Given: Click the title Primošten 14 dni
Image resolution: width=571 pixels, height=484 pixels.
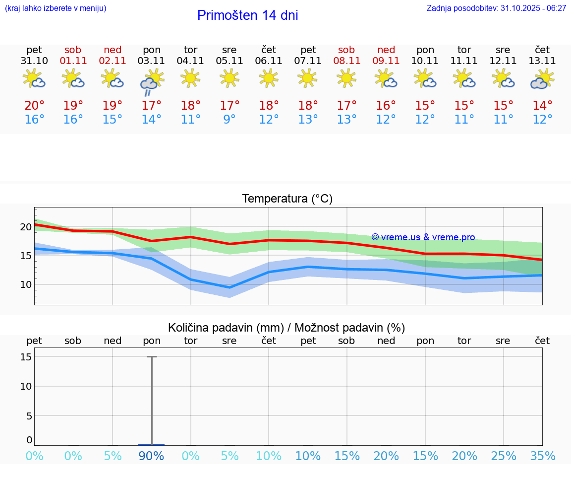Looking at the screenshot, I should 247,15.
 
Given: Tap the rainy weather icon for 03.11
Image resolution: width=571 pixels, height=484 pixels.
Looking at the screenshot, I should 151,81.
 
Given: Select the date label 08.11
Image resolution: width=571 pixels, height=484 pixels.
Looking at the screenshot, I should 346,61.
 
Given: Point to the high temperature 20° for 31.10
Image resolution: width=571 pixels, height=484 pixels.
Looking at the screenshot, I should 34,106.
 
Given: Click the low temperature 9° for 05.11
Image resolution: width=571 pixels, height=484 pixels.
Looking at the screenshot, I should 229,120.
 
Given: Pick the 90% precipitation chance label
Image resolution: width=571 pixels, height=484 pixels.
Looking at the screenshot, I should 151,456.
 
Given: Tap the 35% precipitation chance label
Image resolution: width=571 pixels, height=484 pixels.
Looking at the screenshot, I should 542,456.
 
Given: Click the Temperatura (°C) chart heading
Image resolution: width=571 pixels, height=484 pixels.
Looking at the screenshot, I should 287,199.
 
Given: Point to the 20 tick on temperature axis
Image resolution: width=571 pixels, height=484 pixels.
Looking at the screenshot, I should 26,227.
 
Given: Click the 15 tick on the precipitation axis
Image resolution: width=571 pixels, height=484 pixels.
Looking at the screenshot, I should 26,357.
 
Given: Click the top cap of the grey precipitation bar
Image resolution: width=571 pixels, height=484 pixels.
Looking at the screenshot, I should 152,356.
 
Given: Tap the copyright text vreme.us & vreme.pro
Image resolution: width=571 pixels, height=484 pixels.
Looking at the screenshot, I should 423,237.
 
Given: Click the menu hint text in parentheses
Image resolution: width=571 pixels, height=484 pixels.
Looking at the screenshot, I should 56,8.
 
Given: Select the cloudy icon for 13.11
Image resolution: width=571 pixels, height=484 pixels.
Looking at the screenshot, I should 542,79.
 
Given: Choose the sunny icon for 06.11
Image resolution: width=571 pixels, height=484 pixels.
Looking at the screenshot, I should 269,78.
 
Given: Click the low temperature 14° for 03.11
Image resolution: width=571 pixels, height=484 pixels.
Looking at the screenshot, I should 151,120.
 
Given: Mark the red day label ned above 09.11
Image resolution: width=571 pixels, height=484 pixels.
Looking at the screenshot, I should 386,50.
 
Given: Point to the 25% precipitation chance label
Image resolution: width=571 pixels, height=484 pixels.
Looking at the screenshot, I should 503,456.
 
